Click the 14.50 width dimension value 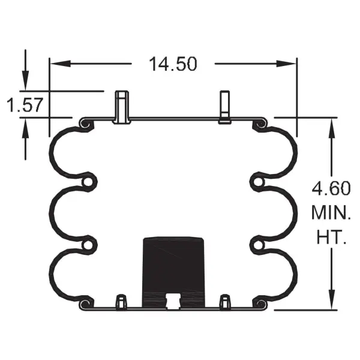pyautogui.click(x=173, y=64)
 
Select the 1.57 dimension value pyautogui.click(x=24, y=105)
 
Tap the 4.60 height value pyautogui.click(x=331, y=189)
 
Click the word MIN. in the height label pyautogui.click(x=331, y=212)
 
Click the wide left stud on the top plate pyautogui.click(x=122, y=107)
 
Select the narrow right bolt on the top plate pyautogui.click(x=225, y=107)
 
